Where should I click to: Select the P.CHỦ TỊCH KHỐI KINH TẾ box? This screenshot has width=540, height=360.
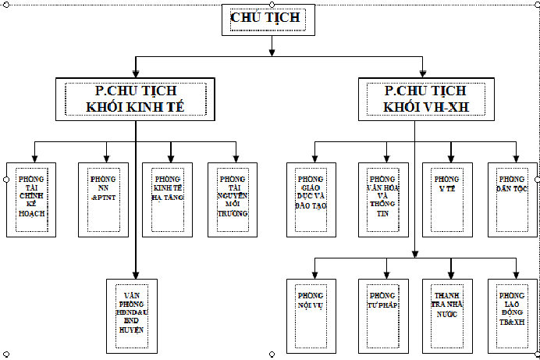(x=135, y=99)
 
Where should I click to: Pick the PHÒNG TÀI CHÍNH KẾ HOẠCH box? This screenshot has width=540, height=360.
(x=31, y=199)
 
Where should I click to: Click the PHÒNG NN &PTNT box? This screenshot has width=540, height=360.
(x=103, y=199)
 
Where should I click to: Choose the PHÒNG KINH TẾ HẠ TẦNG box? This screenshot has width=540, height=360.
(x=167, y=199)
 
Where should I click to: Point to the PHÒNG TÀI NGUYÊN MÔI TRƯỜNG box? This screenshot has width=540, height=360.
(x=233, y=199)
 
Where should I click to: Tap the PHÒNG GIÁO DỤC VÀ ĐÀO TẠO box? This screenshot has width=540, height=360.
(x=311, y=199)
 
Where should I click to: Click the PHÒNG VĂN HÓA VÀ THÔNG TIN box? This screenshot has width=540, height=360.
(x=383, y=199)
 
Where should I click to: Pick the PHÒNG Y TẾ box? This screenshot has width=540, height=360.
(x=447, y=199)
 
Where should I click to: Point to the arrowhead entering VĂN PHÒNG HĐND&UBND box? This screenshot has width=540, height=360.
(x=135, y=274)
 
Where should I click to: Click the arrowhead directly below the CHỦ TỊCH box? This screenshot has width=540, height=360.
(x=272, y=52)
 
